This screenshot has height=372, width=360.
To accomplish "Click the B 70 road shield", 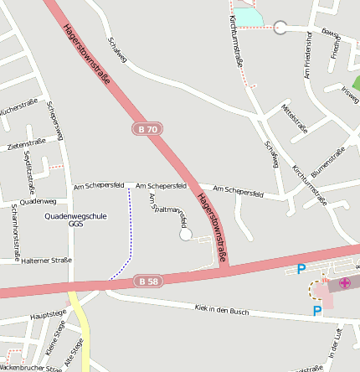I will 147,129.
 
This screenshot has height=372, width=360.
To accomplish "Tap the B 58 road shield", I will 147,282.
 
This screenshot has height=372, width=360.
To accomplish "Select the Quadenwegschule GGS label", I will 75,220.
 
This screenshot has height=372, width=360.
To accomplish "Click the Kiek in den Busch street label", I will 221,310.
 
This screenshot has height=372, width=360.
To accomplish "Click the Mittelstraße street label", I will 295,116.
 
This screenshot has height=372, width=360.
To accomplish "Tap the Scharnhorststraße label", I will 15,230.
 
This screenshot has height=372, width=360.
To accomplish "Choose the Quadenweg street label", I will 37,201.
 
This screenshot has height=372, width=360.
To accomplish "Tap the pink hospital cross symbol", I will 345,283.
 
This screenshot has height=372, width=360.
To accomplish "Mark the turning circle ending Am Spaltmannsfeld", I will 186,235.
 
